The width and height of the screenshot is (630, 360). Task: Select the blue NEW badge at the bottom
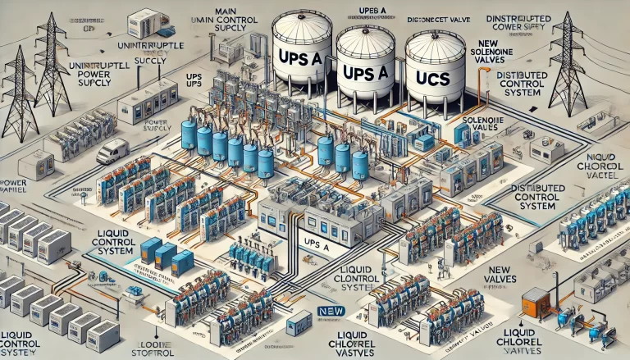(x=327, y=311)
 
